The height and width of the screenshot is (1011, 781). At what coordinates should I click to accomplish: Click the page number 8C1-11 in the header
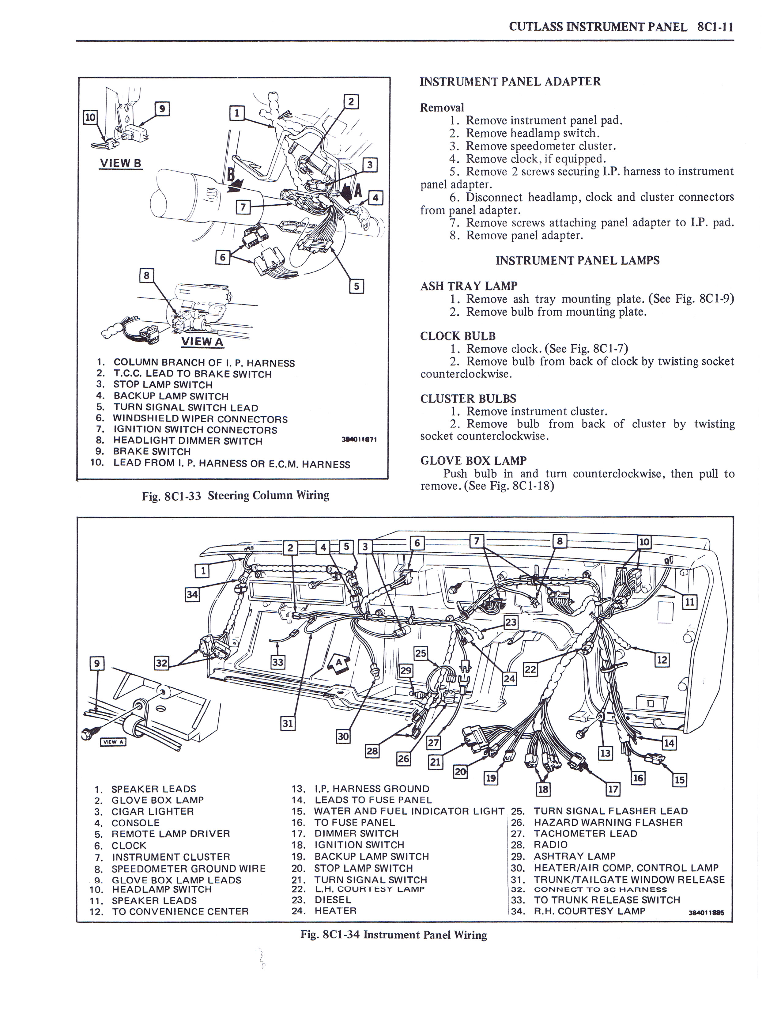pyautogui.click(x=715, y=27)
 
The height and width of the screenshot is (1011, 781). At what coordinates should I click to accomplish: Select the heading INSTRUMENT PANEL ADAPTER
pyautogui.click(x=510, y=82)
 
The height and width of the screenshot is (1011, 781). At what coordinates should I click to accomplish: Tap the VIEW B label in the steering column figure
pyautogui.click(x=121, y=163)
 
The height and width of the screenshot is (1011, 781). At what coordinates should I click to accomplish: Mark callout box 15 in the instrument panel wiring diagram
pyautogui.click(x=679, y=780)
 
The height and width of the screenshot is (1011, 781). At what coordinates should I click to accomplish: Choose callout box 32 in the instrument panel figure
pyautogui.click(x=161, y=663)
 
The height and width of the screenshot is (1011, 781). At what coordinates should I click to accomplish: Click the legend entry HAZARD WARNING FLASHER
pyautogui.click(x=608, y=823)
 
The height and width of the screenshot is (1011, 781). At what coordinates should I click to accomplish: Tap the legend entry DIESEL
pyautogui.click(x=333, y=900)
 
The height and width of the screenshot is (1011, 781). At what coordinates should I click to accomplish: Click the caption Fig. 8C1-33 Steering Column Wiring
pyautogui.click(x=236, y=496)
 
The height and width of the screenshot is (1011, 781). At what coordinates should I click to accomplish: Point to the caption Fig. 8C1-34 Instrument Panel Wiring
pyautogui.click(x=394, y=935)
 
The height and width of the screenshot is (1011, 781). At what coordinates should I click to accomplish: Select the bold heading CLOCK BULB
pyautogui.click(x=458, y=336)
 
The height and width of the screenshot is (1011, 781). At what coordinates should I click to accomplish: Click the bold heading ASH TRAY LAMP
pyautogui.click(x=468, y=286)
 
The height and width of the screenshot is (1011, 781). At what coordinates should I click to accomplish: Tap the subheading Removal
pyautogui.click(x=441, y=108)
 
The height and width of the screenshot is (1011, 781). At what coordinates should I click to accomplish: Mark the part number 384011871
pyautogui.click(x=359, y=440)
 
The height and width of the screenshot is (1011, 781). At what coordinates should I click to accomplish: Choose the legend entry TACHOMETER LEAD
pyautogui.click(x=585, y=834)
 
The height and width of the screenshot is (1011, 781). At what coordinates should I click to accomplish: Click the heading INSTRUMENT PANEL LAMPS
pyautogui.click(x=577, y=261)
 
